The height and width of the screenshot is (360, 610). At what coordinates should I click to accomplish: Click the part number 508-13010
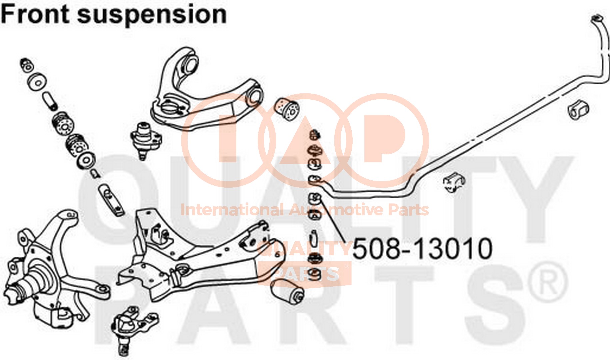coord(422,248)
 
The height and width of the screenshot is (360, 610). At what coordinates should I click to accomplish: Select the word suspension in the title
coord(152,15)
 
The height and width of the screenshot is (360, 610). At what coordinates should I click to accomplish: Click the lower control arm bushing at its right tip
coord(287,291)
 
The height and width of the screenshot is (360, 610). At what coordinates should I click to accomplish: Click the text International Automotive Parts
coord(304,210)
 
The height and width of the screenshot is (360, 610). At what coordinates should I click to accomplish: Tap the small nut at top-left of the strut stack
coord(27,64)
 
